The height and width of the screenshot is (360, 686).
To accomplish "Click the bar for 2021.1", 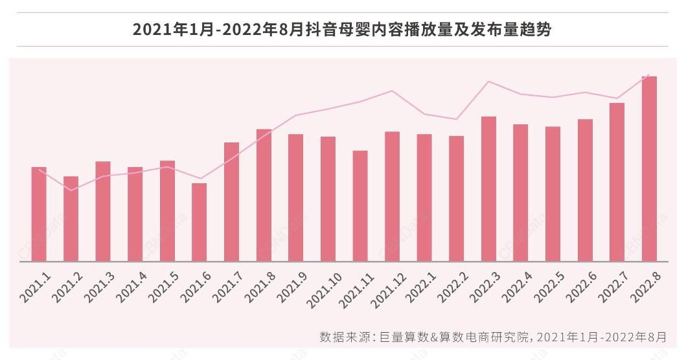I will tap(39, 214).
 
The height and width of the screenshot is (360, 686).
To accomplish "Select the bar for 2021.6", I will tap(200, 222).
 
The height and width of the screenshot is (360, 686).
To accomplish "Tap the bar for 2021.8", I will tap(264, 195).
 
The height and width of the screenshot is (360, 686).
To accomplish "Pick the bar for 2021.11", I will tap(360, 206).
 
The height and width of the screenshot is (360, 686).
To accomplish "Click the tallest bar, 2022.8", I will tap(649, 168).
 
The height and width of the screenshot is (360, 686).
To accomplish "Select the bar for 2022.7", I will tap(617, 182).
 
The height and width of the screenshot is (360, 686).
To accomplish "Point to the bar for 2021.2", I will tap(71, 219).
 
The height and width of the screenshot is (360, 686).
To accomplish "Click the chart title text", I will tap(342, 30).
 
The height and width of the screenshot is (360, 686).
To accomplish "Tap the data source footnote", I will tap(492, 337).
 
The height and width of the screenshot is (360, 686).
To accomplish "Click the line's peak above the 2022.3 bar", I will tap(488, 82).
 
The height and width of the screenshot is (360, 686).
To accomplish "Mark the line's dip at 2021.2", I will tap(71, 190).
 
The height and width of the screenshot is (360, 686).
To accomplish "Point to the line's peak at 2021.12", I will tap(392, 91).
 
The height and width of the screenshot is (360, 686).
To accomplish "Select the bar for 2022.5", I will tap(553, 194).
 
